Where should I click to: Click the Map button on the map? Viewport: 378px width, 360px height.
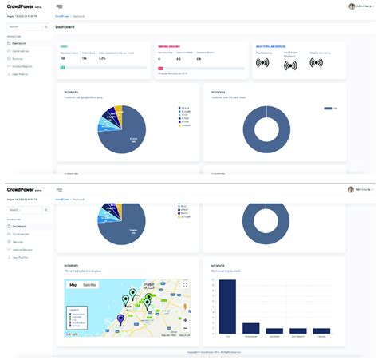(73, 284)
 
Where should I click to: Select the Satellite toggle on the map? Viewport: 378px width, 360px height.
(90, 284)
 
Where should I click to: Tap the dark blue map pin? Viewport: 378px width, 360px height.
(120, 318)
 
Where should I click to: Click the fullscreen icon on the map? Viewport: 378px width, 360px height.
(185, 285)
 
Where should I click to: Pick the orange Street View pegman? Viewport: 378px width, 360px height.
(185, 309)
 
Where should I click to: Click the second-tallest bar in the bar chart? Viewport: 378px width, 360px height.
(251, 327)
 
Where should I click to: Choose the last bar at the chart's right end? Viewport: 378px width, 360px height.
(322, 330)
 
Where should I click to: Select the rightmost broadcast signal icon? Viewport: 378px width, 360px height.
(316, 63)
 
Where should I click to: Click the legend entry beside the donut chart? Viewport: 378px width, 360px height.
(329, 108)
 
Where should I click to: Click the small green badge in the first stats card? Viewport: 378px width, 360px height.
(62, 68)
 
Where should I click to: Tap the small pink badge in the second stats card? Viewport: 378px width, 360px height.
(160, 68)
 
